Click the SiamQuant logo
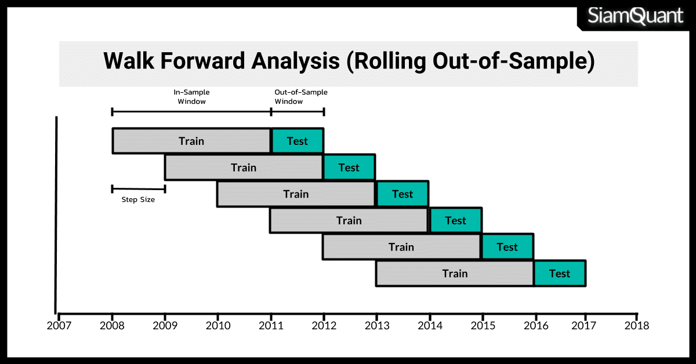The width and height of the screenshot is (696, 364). click(x=635, y=16)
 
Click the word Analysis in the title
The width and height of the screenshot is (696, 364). click(x=295, y=61)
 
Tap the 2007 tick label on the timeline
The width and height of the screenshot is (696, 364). click(x=59, y=326)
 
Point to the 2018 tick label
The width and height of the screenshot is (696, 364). click(x=637, y=326)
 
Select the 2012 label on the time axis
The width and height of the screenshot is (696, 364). click(x=324, y=326)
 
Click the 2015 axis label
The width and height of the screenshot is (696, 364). click(x=483, y=326)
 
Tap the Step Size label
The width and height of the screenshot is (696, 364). click(x=138, y=199)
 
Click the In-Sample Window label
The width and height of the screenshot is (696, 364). click(x=191, y=97)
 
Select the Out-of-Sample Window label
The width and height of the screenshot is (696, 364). click(x=301, y=97)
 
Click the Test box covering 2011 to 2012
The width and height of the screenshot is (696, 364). click(x=298, y=141)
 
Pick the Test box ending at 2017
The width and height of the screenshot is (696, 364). click(x=560, y=274)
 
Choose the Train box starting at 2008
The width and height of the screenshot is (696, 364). click(x=191, y=141)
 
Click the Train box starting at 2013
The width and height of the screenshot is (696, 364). click(x=455, y=274)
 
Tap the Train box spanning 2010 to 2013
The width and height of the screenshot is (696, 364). click(x=296, y=194)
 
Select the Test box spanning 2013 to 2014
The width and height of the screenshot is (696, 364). click(x=403, y=194)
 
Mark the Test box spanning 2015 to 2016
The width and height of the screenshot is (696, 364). click(x=507, y=247)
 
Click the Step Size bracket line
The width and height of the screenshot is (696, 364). click(x=139, y=189)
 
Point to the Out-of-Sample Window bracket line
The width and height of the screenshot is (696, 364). click(x=298, y=112)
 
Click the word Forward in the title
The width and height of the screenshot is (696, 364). click(x=202, y=61)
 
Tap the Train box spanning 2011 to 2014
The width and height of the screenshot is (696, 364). click(x=349, y=220)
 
